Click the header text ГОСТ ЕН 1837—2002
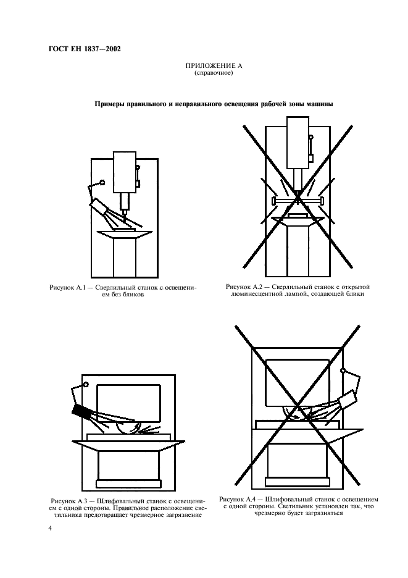(x=85, y=49)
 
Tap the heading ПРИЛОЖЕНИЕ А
(x=214, y=66)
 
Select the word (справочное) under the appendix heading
(x=214, y=73)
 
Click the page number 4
(x=51, y=529)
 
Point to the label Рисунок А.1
(x=67, y=288)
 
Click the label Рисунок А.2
(x=244, y=287)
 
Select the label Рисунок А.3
(x=69, y=501)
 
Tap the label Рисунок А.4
(x=238, y=500)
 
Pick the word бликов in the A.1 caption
(x=132, y=295)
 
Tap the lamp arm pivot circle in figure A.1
(x=102, y=182)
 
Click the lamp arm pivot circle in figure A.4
(x=343, y=370)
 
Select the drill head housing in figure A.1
(x=125, y=172)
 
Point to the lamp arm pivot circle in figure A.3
(x=86, y=385)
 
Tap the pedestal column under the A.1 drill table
(x=124, y=258)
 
